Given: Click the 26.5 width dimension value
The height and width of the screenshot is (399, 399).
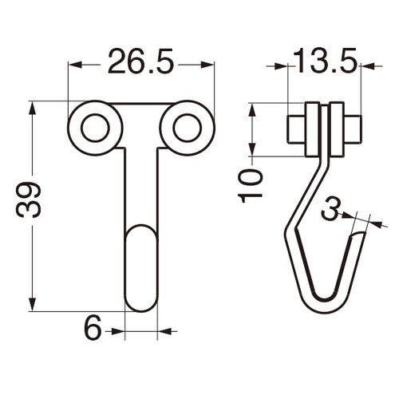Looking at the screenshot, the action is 140,61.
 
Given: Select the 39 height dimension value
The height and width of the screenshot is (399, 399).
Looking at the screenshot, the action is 29,199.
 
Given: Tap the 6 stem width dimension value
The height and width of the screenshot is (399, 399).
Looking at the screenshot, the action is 93,327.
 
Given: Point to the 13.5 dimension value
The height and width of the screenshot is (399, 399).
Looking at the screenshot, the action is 325,61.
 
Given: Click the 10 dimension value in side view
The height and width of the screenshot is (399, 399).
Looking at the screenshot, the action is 250,185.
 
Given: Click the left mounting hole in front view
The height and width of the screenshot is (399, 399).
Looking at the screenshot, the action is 95,128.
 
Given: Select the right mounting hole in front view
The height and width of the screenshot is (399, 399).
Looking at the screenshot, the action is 188,128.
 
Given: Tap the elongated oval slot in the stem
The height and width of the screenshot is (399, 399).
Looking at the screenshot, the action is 141,268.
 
